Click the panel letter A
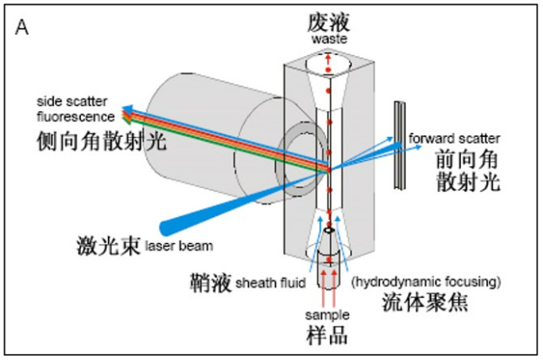pos(23,27)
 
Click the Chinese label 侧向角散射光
pos(103,140)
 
